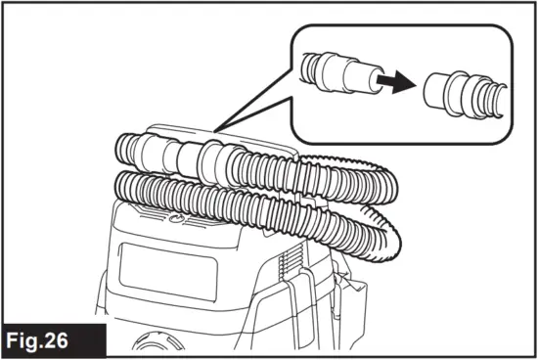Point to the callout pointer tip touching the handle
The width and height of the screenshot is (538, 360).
[x=217, y=129]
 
